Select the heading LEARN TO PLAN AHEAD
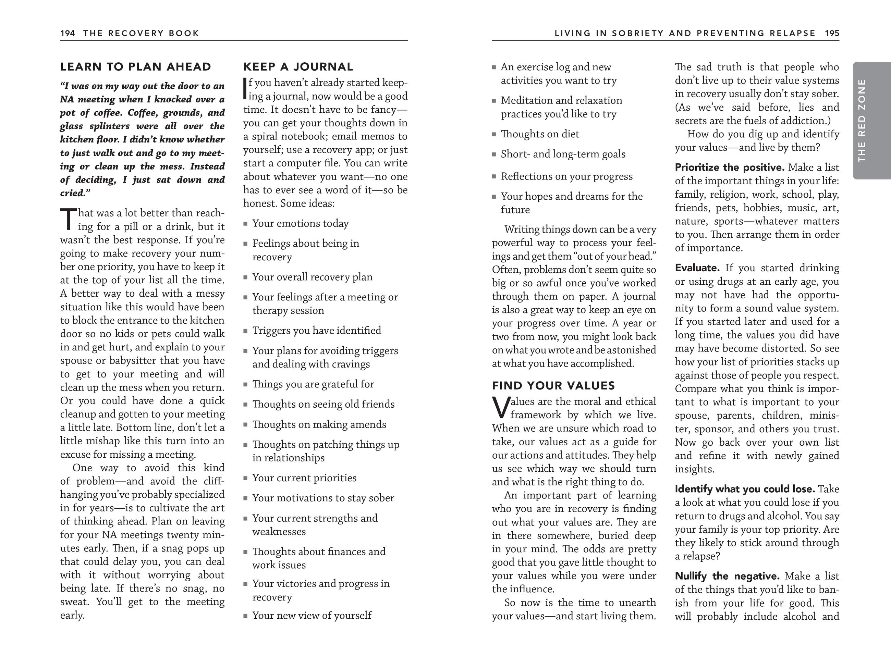(x=135, y=67)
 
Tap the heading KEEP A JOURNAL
(x=298, y=67)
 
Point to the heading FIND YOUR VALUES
(x=553, y=386)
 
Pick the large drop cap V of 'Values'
(x=501, y=408)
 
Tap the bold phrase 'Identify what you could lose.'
(x=745, y=489)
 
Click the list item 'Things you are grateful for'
(x=313, y=384)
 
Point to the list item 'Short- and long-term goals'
(x=563, y=154)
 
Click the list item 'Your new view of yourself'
(x=312, y=616)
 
